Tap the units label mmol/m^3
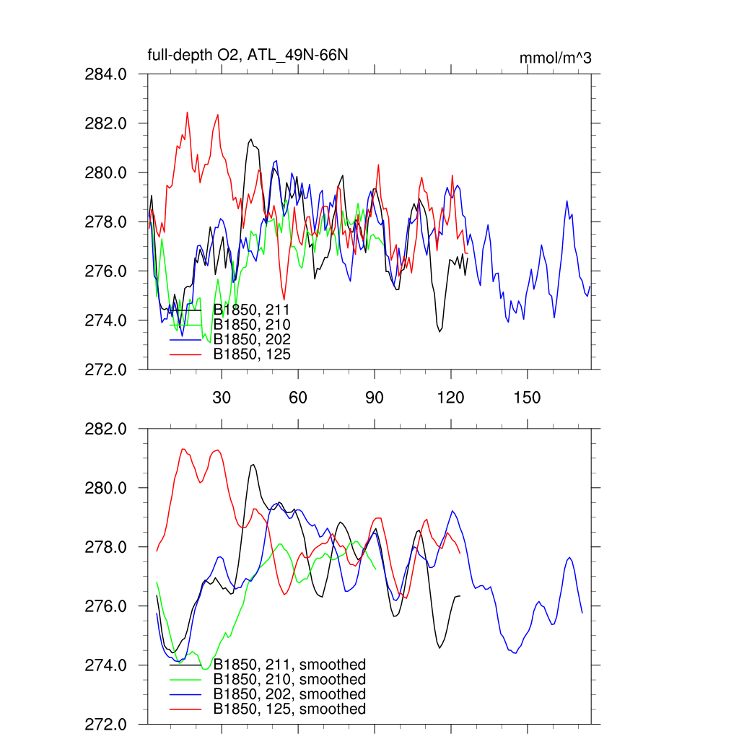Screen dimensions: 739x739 point(555,58)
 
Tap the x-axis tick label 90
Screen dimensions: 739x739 point(375,397)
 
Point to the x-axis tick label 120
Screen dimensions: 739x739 point(450,397)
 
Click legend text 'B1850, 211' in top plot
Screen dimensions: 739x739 point(252,310)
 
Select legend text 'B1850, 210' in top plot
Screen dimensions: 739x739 point(252,325)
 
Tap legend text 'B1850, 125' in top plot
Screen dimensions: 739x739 point(252,354)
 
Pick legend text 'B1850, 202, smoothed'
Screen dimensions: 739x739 point(289,694)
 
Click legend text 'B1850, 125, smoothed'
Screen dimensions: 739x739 point(289,709)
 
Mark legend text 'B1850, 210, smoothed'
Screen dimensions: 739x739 point(289,680)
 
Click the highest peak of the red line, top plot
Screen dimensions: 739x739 point(187,113)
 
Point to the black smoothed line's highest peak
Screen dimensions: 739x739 point(253,465)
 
